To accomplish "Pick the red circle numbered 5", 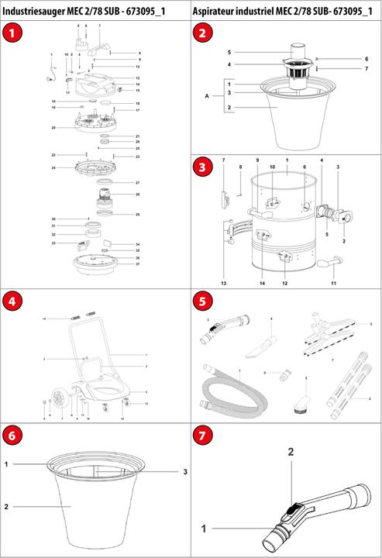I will (x=203, y=302).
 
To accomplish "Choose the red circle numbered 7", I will (x=203, y=436).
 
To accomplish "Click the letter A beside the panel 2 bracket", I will (x=205, y=96).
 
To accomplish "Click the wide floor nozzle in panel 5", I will (x=325, y=325).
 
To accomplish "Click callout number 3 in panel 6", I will (x=186, y=472).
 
